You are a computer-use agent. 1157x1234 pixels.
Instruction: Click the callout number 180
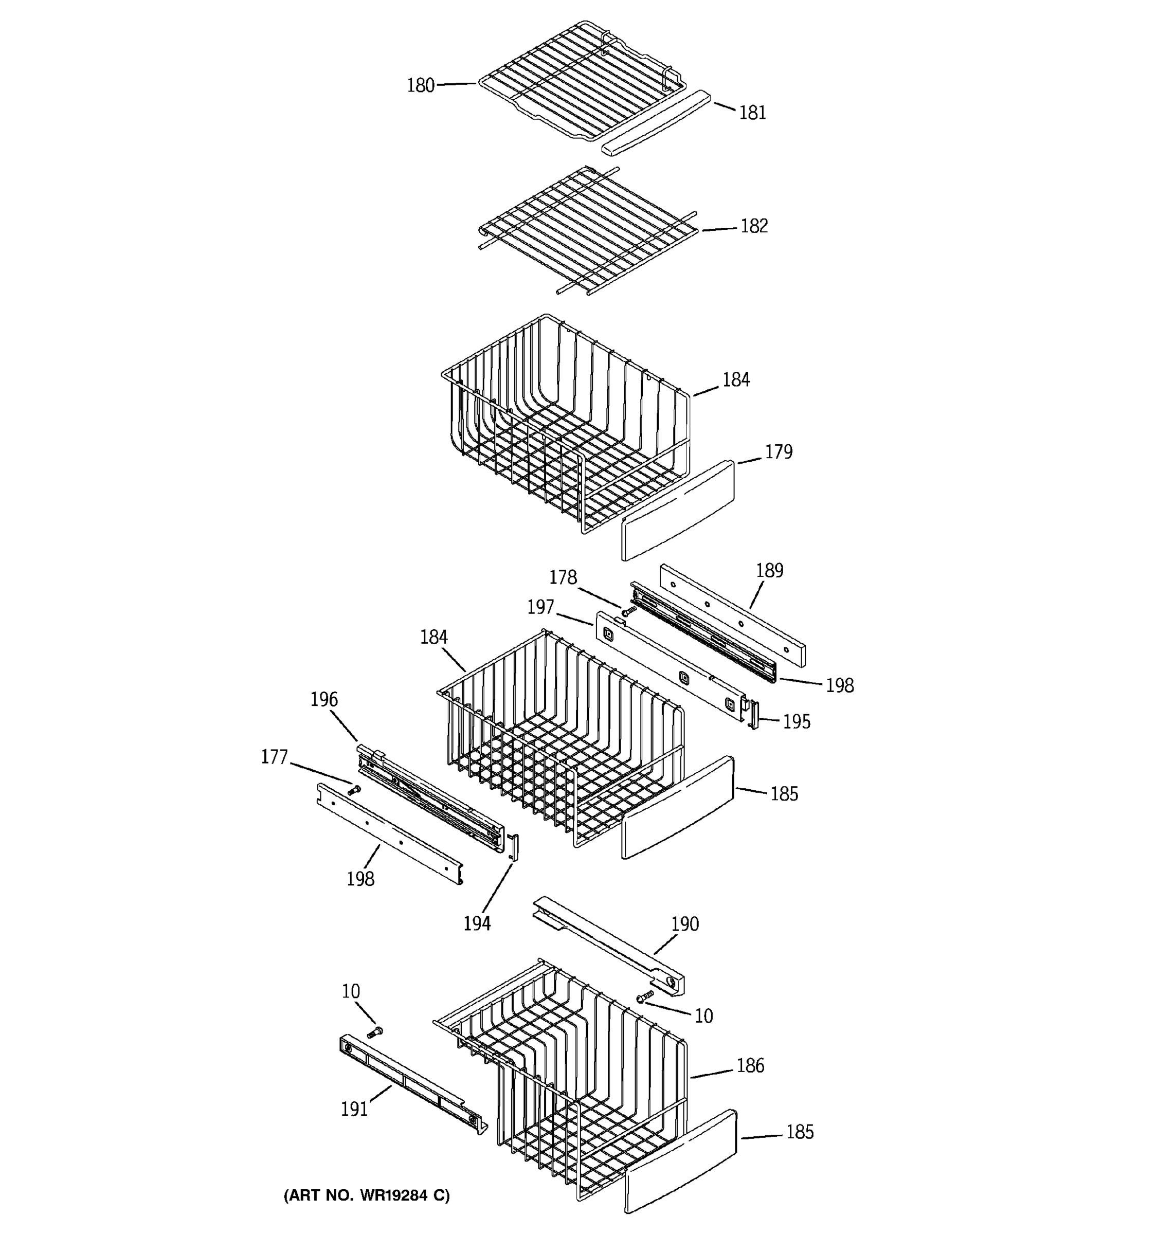click(420, 86)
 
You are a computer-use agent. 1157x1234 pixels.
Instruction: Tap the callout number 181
click(752, 113)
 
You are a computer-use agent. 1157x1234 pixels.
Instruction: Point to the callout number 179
click(779, 452)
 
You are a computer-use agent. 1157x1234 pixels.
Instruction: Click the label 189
click(770, 570)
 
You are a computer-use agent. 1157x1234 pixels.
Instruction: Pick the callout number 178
click(563, 578)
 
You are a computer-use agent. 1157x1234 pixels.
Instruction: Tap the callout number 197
click(540, 607)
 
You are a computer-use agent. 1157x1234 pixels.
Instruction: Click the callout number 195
click(797, 721)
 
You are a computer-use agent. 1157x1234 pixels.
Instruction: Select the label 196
click(324, 700)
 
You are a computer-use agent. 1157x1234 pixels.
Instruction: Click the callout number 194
click(477, 923)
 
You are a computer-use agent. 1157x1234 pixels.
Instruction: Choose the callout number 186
click(750, 1066)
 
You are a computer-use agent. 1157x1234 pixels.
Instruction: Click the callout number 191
click(354, 1109)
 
